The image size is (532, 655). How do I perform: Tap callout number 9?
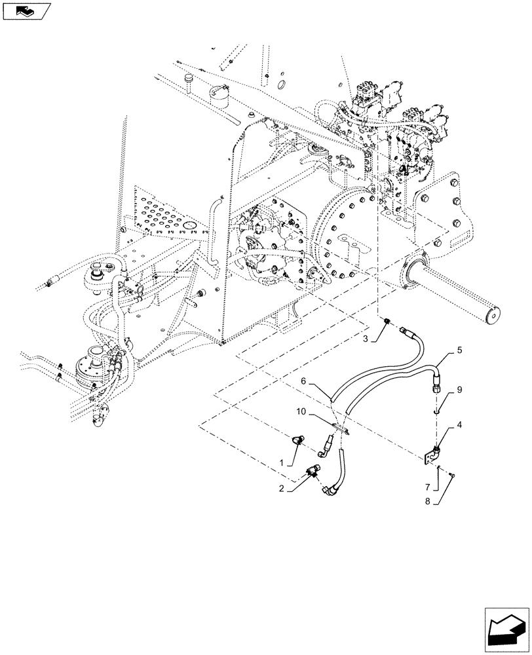click(459, 389)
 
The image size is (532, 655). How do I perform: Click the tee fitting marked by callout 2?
click(313, 469)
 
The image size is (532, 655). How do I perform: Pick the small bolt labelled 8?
click(452, 474)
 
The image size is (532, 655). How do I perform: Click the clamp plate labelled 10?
click(342, 430)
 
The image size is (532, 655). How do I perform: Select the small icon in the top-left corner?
click(26, 10)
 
